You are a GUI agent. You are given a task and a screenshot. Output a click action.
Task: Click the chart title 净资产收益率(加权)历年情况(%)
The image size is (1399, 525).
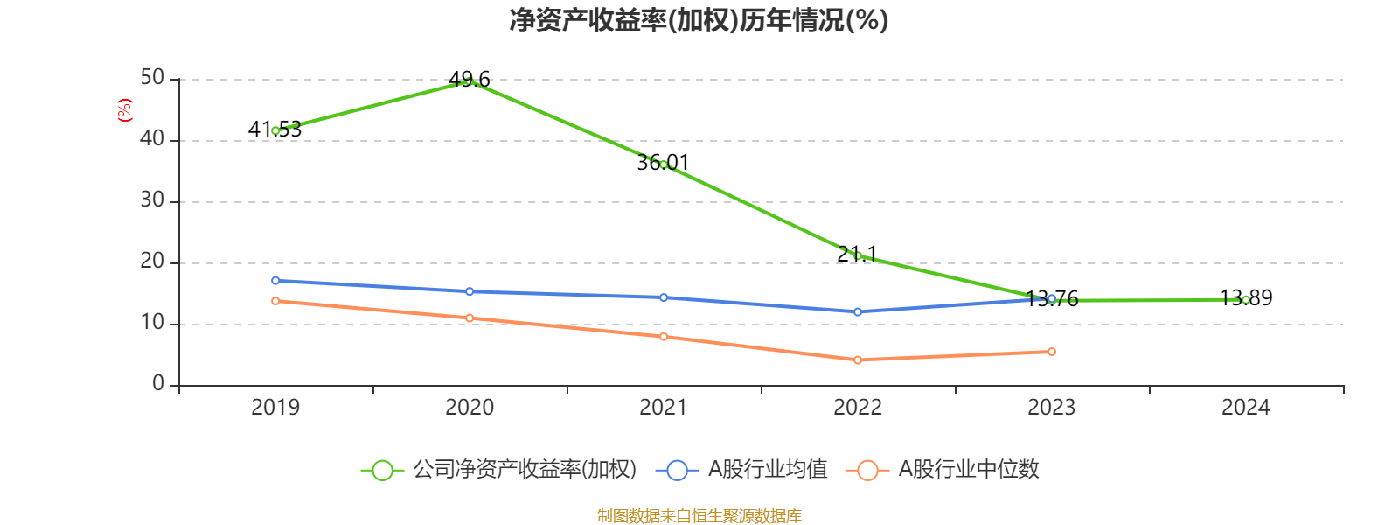[x=699, y=20]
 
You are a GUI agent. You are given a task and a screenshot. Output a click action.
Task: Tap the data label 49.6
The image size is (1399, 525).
[x=470, y=80]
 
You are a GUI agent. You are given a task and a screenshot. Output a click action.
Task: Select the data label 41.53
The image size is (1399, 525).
[x=275, y=129]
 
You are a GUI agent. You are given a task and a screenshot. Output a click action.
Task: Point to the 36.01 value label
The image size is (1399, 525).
[x=663, y=163]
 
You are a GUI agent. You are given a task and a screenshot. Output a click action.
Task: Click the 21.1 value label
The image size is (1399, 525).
[x=857, y=255]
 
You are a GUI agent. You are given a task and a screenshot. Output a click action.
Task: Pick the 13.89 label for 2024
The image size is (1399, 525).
[x=1246, y=298]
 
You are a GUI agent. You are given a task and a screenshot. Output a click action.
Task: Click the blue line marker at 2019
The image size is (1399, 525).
[x=275, y=281]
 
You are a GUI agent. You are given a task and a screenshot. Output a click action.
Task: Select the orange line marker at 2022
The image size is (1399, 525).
[x=858, y=360]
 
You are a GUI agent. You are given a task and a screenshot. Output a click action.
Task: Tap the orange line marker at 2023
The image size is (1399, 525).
[x=1052, y=352]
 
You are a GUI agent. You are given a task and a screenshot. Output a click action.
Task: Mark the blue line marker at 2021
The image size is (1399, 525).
[x=664, y=297]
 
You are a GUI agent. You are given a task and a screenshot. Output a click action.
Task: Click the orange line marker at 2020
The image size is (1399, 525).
[x=470, y=318]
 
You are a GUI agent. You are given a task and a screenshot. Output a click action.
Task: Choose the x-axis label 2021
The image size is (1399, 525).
[x=664, y=408]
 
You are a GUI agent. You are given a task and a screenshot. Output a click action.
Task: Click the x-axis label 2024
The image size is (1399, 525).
[x=1246, y=408]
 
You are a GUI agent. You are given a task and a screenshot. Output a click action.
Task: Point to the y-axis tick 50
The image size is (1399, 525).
[x=152, y=78]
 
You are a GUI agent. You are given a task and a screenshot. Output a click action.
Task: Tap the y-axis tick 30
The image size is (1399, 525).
[x=152, y=200]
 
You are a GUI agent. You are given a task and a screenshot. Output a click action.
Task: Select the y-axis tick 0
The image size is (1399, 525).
[x=158, y=384]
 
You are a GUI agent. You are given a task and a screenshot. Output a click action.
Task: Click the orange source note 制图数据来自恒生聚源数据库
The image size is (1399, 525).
[x=699, y=516]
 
